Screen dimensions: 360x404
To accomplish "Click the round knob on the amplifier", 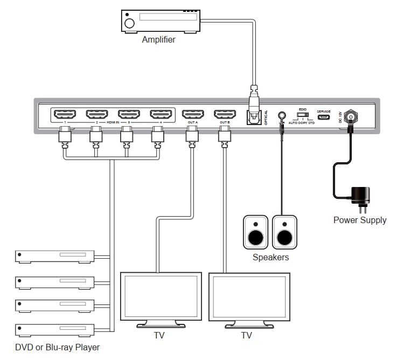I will (x=129, y=23).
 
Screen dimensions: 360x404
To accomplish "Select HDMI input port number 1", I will (x=64, y=114).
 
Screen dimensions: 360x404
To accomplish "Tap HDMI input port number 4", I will (x=160, y=114).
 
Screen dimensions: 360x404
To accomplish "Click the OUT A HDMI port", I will (x=193, y=114).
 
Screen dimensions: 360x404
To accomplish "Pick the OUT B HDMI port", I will (x=225, y=114).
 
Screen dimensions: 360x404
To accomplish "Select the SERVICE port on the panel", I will (x=323, y=115).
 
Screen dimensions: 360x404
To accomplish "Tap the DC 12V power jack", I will (x=351, y=115).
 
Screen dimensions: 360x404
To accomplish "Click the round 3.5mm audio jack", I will (x=281, y=115).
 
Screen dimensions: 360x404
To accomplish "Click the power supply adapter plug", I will (x=360, y=197).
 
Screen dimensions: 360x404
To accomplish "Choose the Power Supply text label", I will (x=360, y=220).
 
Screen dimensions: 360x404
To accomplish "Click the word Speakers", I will (x=270, y=258).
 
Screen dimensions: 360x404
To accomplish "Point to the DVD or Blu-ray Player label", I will (x=57, y=347).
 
